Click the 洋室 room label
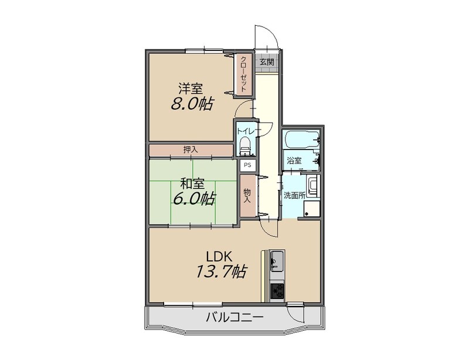click(191, 89)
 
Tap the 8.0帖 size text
click(192, 104)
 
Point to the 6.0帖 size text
click(193, 198)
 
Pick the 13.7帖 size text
click(221, 271)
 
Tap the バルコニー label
click(235, 317)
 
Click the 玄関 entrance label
click(267, 62)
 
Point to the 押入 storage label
click(191, 150)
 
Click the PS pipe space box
click(247, 165)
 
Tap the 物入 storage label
click(247, 196)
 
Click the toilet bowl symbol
click(245, 145)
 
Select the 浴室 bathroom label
click(294, 161)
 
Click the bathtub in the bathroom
click(301, 139)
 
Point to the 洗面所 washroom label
click(294, 195)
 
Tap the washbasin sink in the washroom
click(313, 186)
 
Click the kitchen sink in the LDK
click(277, 261)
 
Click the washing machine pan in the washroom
click(311, 209)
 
